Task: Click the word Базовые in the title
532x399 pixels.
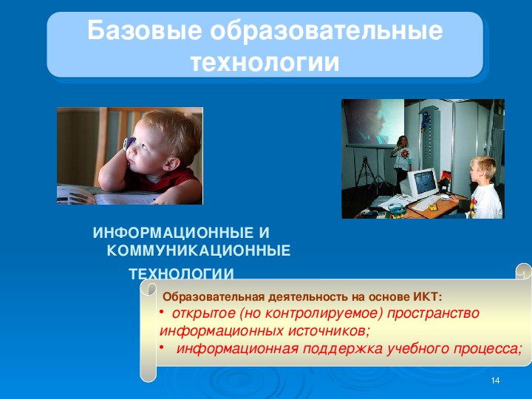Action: coord(145,30)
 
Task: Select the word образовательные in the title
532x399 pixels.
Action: coord(327,30)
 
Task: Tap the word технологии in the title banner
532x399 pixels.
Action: coord(265,62)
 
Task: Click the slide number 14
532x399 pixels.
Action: coord(495,381)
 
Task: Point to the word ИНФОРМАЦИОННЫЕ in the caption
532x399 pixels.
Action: coord(174,233)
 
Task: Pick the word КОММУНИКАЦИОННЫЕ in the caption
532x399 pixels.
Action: coord(199,250)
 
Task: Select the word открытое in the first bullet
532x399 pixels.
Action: coord(204,313)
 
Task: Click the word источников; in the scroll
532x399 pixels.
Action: coord(329,331)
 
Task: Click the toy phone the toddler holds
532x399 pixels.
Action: coord(129,143)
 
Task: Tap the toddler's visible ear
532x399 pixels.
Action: coord(171,164)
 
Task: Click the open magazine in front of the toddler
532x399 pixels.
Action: coord(105,195)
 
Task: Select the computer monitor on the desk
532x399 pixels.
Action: coord(422,183)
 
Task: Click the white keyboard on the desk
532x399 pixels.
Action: coord(426,203)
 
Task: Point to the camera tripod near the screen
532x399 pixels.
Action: coord(366,172)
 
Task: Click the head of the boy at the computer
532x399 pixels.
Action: coord(482,169)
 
